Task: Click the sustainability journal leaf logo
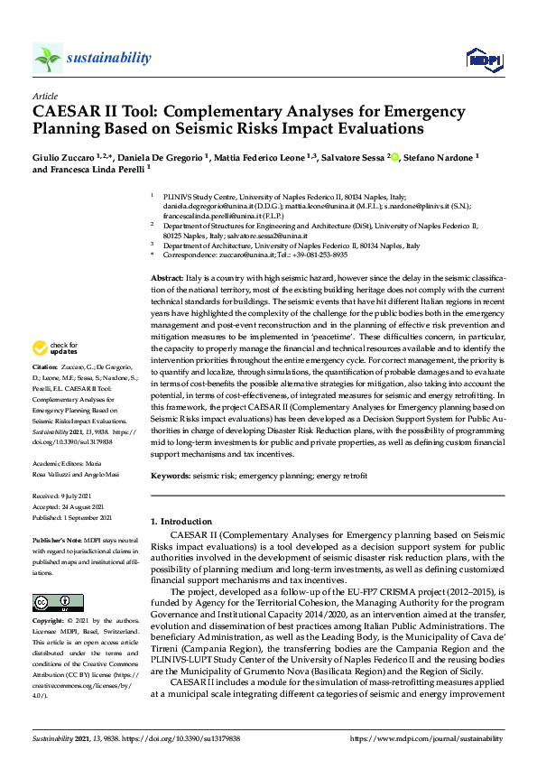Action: tap(48, 58)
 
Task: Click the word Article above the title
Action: tap(44, 95)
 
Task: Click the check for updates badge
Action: tap(54, 348)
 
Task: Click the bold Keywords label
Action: tap(170, 475)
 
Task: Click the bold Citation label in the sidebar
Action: tap(45, 367)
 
